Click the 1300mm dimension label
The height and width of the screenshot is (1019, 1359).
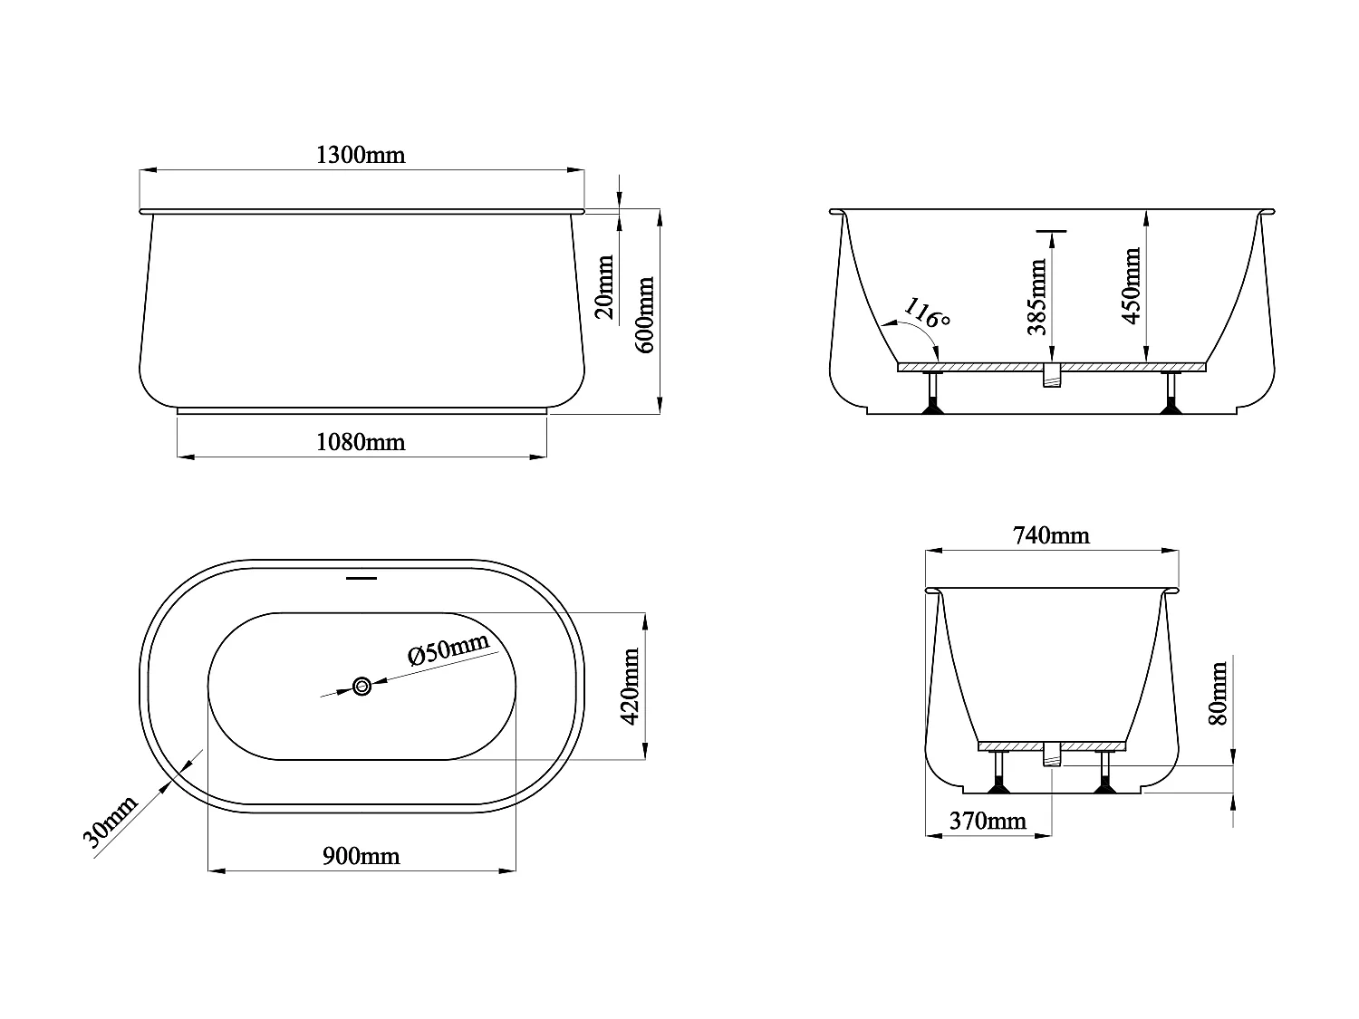[x=361, y=155]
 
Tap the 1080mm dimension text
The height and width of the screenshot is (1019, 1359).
[x=361, y=442]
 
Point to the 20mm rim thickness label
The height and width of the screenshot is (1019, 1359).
[x=604, y=287]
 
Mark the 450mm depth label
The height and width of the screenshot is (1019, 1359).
[x=1131, y=286]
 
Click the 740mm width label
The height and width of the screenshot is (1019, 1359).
[x=1051, y=535]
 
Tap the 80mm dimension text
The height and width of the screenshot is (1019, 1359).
[x=1219, y=693]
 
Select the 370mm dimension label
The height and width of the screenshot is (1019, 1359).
[x=988, y=821]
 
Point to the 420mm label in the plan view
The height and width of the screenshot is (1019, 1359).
[x=631, y=686]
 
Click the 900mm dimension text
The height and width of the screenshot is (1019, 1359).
[x=361, y=856]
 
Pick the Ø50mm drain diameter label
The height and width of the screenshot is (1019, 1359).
[x=448, y=649]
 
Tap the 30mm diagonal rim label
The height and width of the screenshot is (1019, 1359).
[x=111, y=822]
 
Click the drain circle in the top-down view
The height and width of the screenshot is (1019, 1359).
[x=362, y=687]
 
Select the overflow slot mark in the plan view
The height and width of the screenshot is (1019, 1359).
[x=362, y=577]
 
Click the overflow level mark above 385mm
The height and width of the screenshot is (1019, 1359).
[x=1052, y=232]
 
